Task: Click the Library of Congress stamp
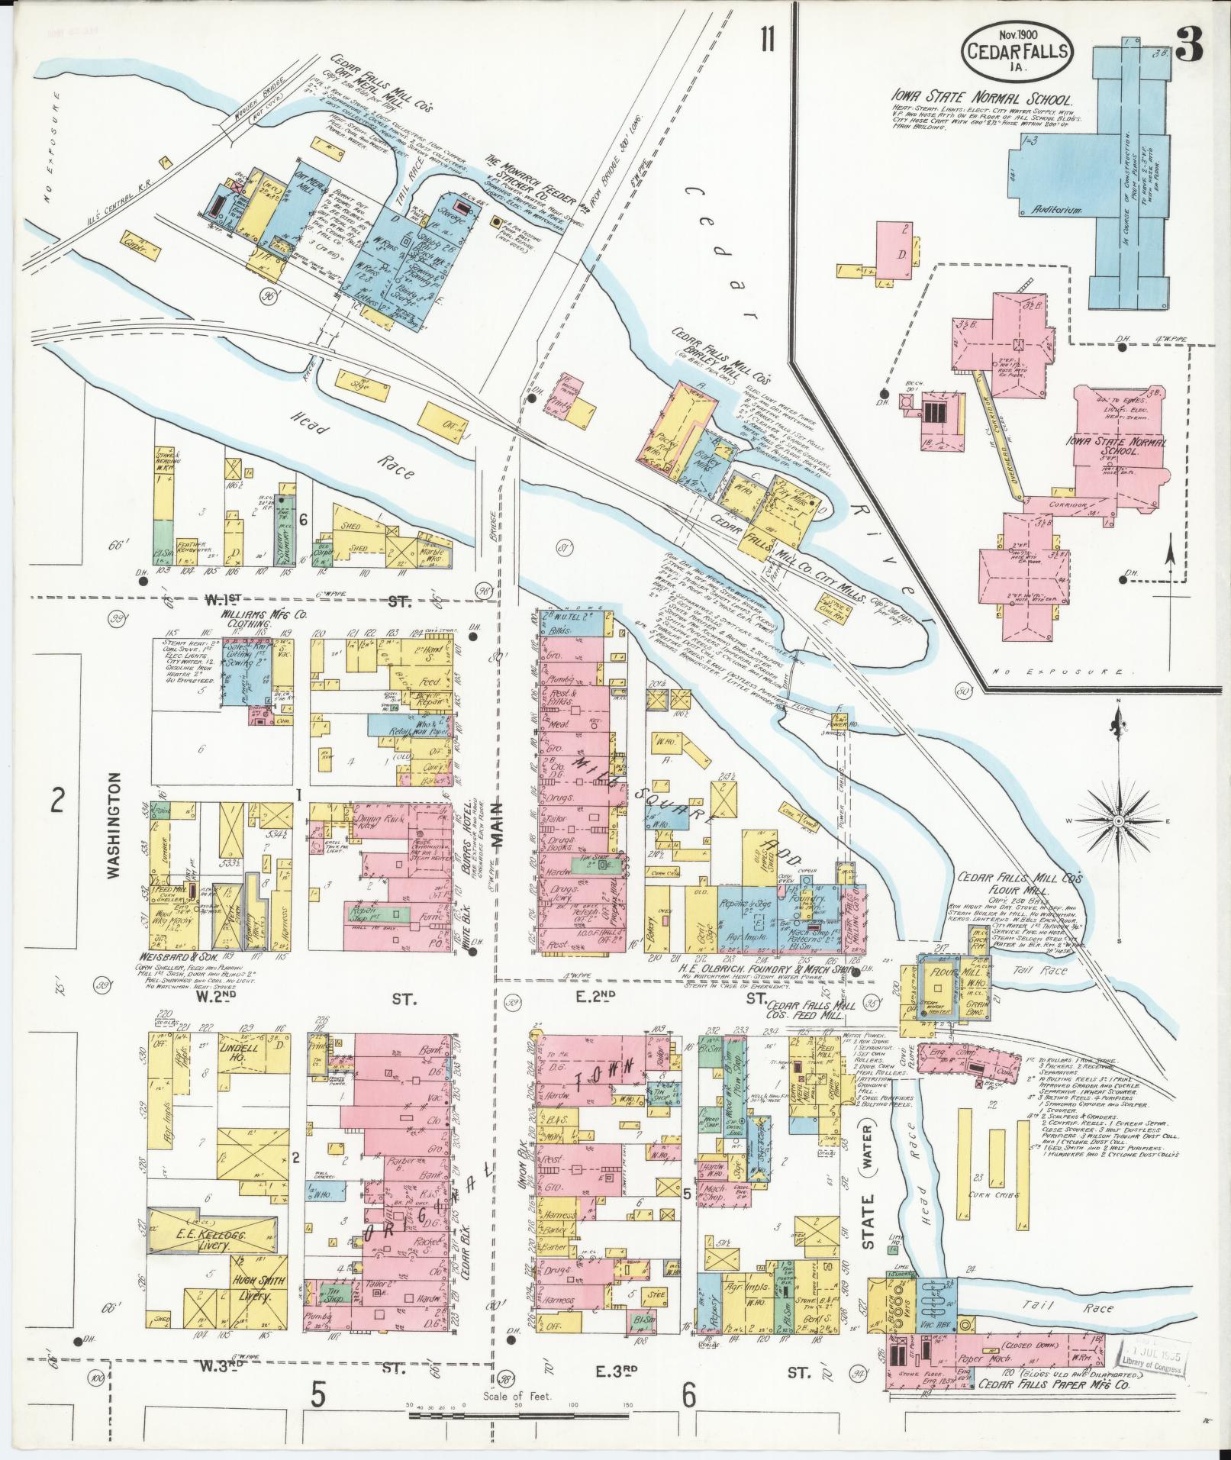[x=1153, y=1354]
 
